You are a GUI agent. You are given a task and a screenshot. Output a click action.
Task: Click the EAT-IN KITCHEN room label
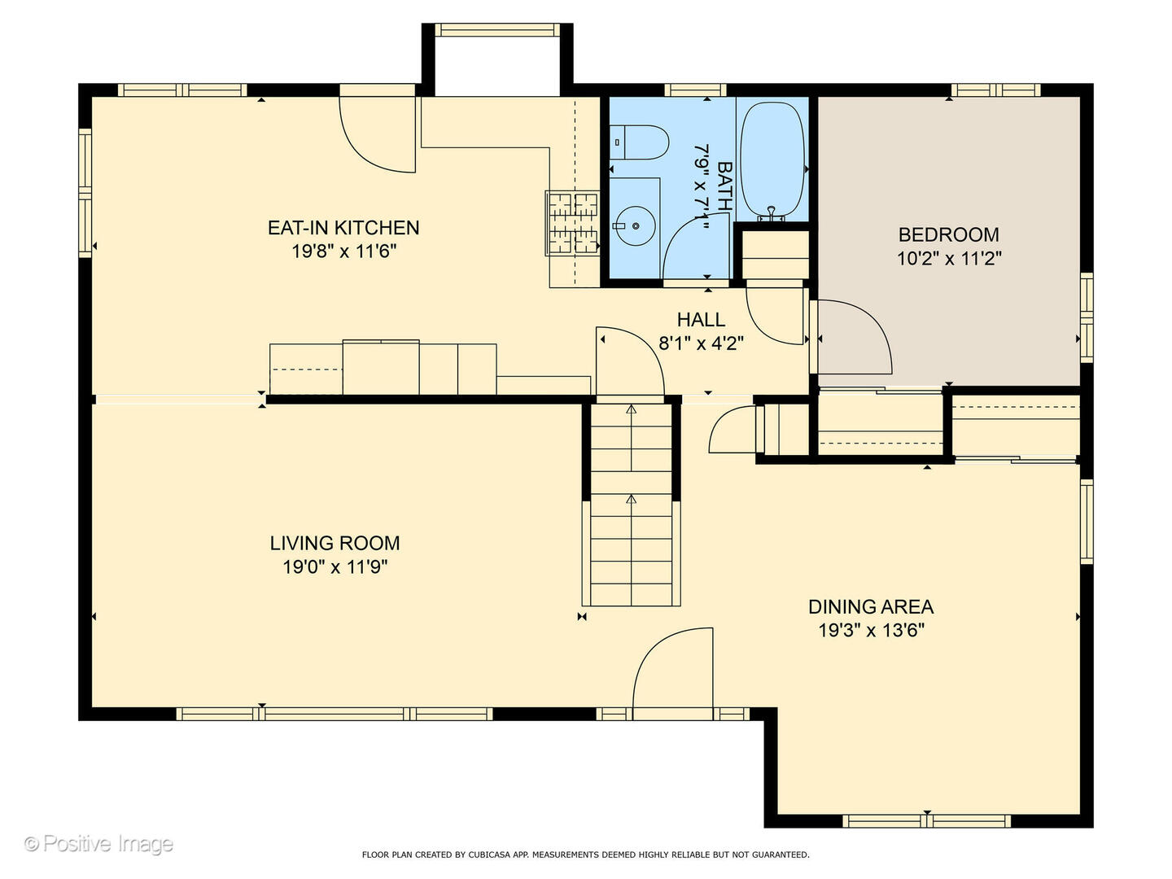(x=343, y=228)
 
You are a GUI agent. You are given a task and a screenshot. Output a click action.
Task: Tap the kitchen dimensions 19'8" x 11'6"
(x=343, y=251)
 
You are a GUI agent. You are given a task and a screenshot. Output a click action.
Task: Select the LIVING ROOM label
(x=335, y=543)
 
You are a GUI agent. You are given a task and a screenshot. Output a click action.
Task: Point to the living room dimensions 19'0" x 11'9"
(x=335, y=566)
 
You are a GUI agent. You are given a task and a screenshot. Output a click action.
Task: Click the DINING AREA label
(x=870, y=606)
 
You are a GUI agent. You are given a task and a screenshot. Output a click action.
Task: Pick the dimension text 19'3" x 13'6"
(x=870, y=630)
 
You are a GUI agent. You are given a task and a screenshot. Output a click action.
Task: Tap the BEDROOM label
(x=948, y=234)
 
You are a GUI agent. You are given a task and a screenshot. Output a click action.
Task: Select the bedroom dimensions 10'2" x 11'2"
(x=948, y=259)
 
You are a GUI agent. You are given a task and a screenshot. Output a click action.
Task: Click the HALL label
(x=701, y=320)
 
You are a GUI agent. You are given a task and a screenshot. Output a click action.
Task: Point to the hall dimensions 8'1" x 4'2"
(x=701, y=343)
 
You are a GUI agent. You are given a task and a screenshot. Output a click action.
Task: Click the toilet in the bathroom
(x=641, y=142)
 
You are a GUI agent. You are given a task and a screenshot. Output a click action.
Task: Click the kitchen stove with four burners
(x=573, y=223)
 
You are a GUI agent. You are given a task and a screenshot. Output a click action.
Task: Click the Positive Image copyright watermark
(x=98, y=844)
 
